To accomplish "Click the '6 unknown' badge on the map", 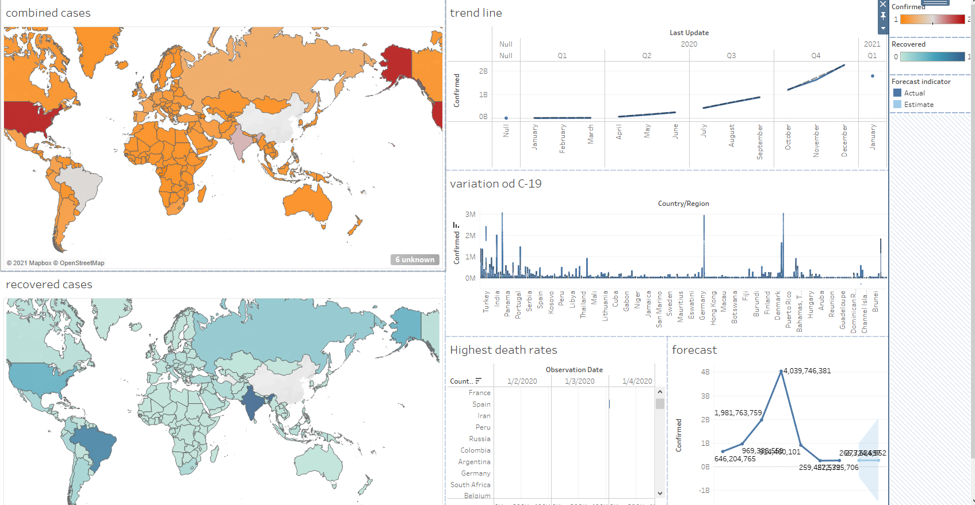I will (415, 259).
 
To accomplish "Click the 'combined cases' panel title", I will (48, 13).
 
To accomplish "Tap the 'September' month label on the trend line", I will (759, 141).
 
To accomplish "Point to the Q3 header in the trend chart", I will (731, 56).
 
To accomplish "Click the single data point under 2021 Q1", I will (873, 76).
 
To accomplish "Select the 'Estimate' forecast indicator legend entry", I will (918, 105).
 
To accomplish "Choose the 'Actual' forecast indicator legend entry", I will (914, 93).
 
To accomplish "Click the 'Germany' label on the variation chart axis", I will (702, 305).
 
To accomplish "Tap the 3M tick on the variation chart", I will (471, 215).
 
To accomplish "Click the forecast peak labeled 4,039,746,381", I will (782, 372).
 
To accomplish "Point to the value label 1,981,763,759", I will (738, 413).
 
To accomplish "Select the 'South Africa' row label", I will (470, 485).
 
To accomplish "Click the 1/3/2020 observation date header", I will (579, 381).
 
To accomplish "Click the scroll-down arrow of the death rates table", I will (660, 493).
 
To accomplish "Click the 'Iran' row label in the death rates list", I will (484, 416).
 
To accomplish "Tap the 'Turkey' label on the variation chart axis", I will (486, 301).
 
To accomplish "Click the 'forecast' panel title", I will (694, 350).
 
